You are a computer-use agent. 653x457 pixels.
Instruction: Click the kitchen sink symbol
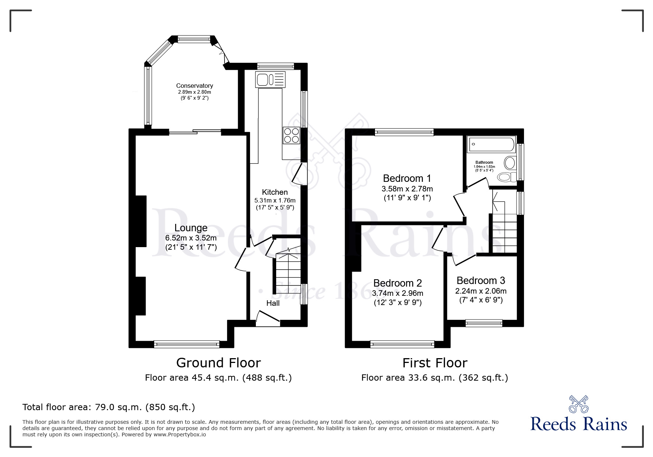click(x=270, y=79)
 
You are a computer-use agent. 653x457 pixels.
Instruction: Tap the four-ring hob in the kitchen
click(x=291, y=135)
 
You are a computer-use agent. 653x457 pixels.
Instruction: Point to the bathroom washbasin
click(x=510, y=163)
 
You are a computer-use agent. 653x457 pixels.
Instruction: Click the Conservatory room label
click(x=194, y=86)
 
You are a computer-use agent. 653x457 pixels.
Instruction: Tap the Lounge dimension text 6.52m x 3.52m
click(x=191, y=238)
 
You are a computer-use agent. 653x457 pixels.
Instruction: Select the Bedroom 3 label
click(x=481, y=281)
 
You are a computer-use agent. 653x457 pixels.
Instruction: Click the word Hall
click(x=273, y=303)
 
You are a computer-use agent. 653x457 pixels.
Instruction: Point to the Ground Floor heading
click(x=218, y=363)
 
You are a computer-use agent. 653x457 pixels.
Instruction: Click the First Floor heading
click(x=435, y=363)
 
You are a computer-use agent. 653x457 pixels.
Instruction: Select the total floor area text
click(x=109, y=407)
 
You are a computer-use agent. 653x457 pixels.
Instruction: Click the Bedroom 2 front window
click(x=402, y=344)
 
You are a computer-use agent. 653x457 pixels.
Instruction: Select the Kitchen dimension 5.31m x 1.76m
click(x=275, y=200)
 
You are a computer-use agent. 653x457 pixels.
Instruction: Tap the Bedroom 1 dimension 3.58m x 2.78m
click(x=407, y=189)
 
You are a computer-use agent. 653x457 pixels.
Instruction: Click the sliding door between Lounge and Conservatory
click(x=195, y=131)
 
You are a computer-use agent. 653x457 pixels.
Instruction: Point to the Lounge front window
click(x=187, y=344)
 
